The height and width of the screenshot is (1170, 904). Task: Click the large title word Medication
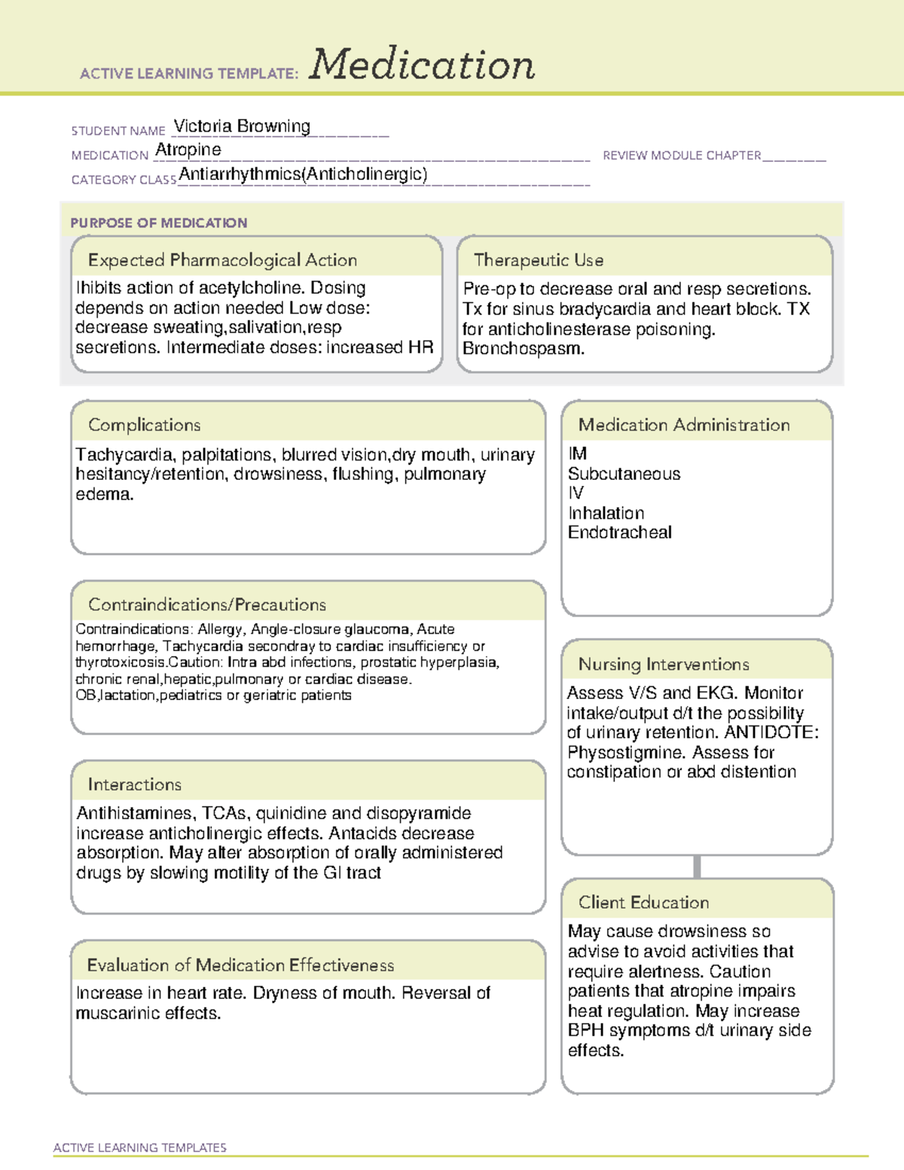click(422, 65)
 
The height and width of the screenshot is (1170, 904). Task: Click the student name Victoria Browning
click(242, 126)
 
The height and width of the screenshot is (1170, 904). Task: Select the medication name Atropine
click(188, 150)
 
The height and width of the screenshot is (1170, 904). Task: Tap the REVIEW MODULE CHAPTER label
click(682, 155)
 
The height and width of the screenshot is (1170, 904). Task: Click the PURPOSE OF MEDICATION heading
click(159, 223)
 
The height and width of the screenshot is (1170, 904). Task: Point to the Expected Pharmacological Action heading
click(222, 260)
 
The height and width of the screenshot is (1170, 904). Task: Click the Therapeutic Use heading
click(539, 260)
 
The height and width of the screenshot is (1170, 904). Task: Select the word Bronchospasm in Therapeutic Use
click(523, 349)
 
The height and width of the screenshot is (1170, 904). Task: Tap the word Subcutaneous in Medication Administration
click(624, 474)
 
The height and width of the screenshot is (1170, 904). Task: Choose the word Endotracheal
click(619, 533)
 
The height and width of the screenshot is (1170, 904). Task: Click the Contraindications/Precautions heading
click(207, 604)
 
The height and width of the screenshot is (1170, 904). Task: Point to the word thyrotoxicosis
click(120, 662)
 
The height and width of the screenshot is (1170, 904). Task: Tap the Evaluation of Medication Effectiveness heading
click(240, 965)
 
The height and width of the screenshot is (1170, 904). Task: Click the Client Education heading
click(643, 903)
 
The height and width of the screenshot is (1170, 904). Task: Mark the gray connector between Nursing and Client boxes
click(697, 866)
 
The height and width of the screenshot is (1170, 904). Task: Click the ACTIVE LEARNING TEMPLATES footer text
click(140, 1147)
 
